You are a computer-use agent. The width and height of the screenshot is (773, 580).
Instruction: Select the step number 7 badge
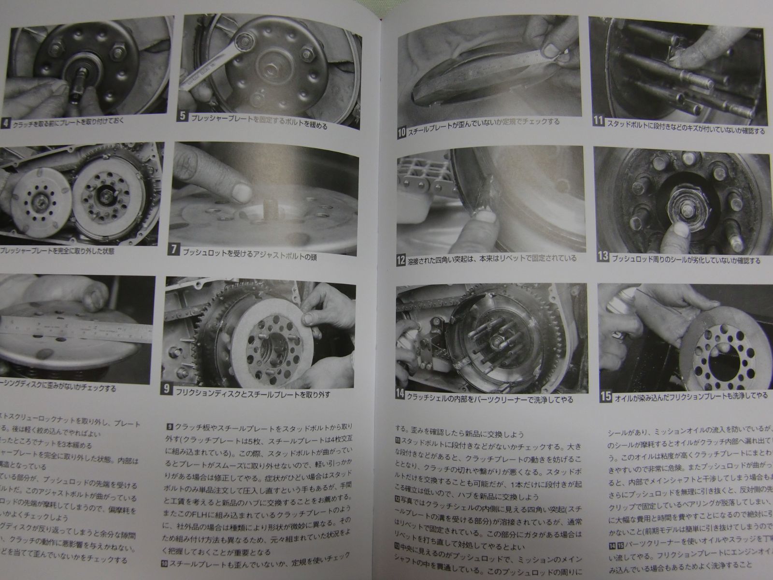tap(173, 250)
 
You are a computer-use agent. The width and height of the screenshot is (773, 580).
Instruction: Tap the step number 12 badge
tap(401, 260)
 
